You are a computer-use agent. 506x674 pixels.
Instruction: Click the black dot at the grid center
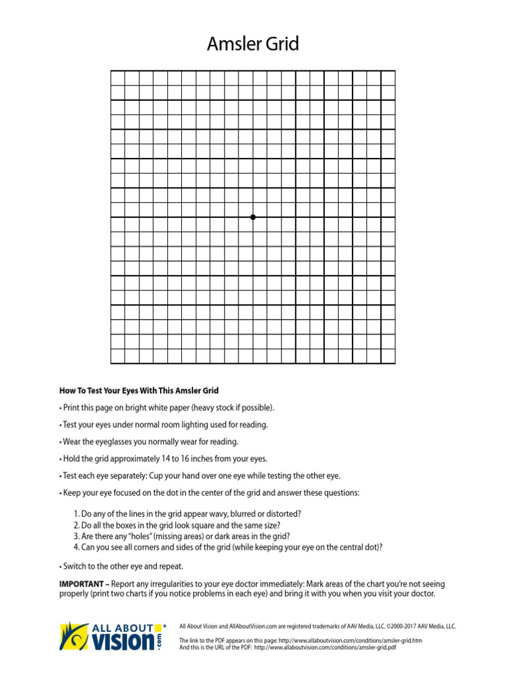point(253,217)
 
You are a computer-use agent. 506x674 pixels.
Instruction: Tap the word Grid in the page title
point(282,45)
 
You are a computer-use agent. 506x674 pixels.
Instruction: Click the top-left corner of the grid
point(111,71)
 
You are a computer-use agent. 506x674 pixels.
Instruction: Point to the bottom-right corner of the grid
point(395,363)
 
